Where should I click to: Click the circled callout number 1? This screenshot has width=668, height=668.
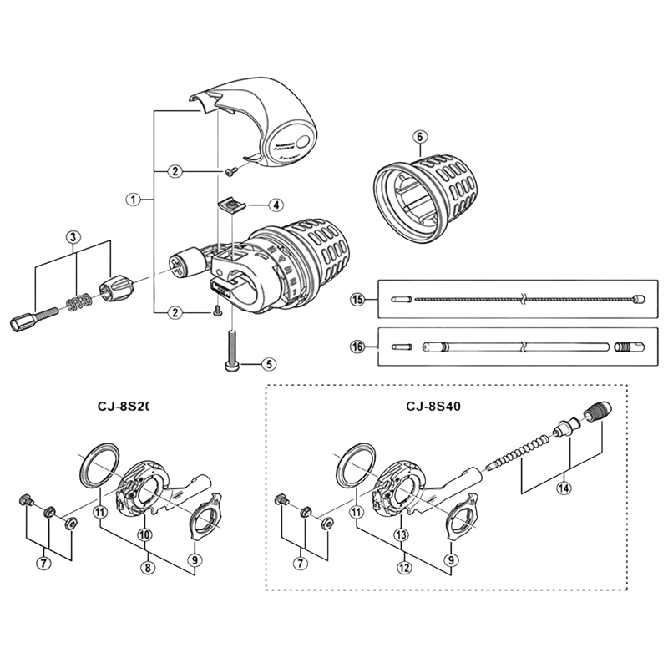132,200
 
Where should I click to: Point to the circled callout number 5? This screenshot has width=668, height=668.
268,364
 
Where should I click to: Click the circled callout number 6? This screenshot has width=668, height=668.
420,136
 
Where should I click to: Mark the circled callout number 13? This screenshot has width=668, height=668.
403,534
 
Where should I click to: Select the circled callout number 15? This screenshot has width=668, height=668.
357,298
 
